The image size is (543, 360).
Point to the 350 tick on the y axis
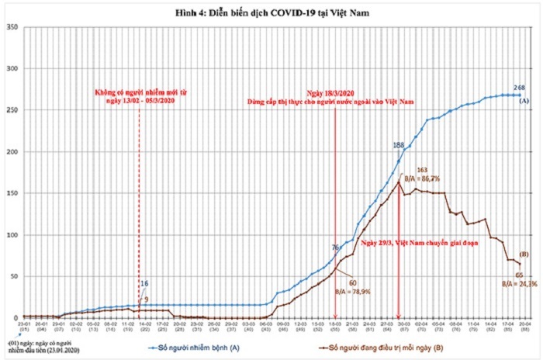[x=12, y=27]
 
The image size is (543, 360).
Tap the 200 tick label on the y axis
[x=12, y=151]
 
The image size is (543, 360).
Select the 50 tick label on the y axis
[x=13, y=276]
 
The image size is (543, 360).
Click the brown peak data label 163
[x=423, y=169]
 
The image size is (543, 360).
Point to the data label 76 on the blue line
[x=335, y=247]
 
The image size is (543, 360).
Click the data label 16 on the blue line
[x=144, y=284]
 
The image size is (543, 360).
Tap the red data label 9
[x=145, y=299]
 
